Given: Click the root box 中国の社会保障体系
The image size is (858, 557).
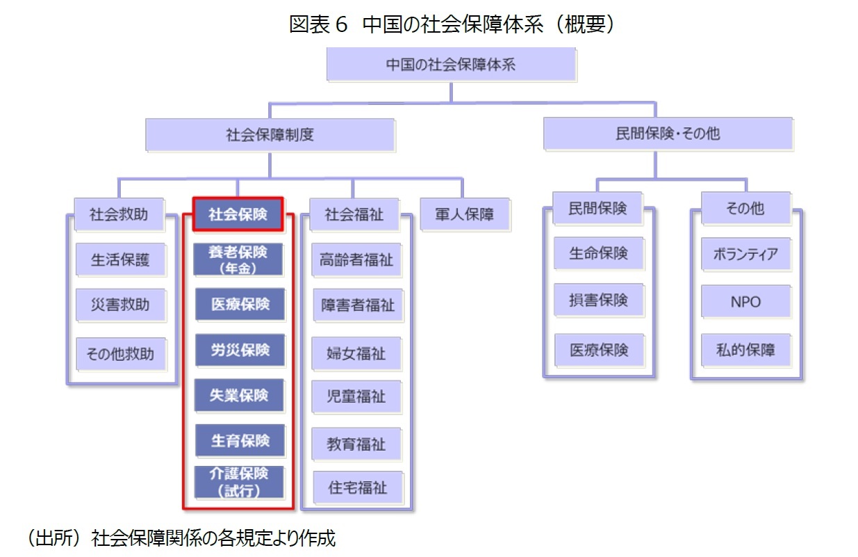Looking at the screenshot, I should pyautogui.click(x=451, y=65).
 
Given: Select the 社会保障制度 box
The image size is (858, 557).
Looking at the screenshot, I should pyautogui.click(x=270, y=135).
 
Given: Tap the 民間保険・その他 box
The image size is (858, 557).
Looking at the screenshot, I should pyautogui.click(x=668, y=134).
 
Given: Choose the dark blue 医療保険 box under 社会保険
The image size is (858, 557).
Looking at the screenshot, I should pyautogui.click(x=240, y=305).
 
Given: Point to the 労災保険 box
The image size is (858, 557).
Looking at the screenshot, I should pyautogui.click(x=240, y=350).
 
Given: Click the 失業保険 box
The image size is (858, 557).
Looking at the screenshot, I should pyautogui.click(x=240, y=396).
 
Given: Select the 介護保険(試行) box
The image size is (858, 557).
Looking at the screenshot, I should pyautogui.click(x=240, y=481).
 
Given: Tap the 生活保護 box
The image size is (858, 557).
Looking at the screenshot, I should pyautogui.click(x=120, y=260).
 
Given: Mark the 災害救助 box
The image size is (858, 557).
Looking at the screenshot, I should pyautogui.click(x=120, y=305).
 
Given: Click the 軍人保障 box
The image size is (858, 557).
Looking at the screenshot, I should pyautogui.click(x=465, y=215).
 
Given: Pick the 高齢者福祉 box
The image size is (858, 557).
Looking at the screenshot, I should pyautogui.click(x=356, y=260).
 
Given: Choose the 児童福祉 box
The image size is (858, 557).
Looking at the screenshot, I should pyautogui.click(x=356, y=397).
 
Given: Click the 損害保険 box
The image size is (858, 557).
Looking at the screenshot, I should pyautogui.click(x=598, y=300).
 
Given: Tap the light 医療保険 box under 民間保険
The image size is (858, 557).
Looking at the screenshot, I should pyautogui.click(x=598, y=350).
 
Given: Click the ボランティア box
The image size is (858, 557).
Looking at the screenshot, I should pyautogui.click(x=745, y=255).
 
